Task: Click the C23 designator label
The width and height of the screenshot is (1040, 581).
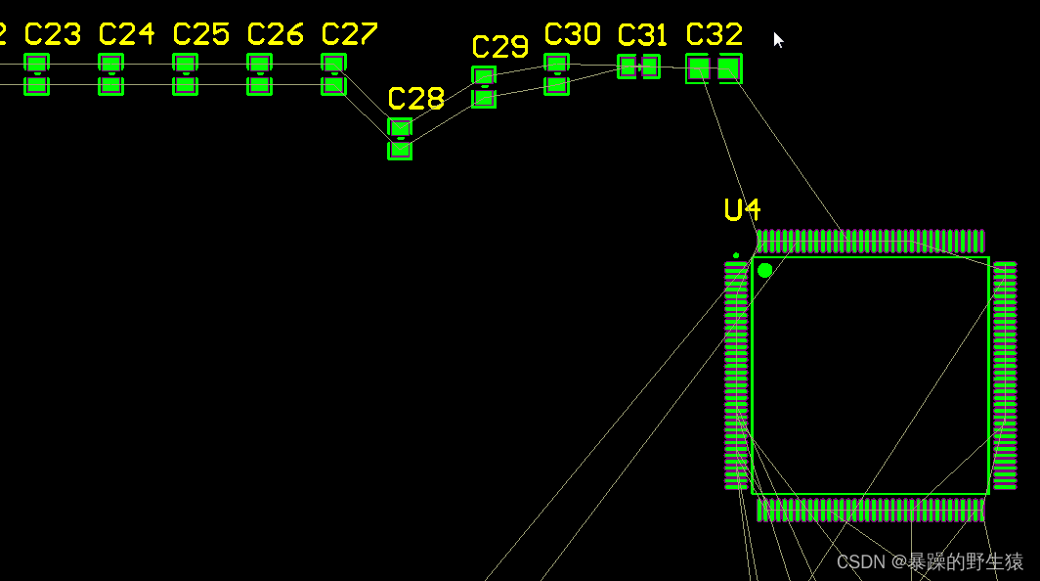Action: [52, 35]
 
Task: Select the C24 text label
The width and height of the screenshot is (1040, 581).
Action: [126, 35]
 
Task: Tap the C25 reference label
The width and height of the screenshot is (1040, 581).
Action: [200, 35]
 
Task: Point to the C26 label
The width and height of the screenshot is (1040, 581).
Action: [275, 35]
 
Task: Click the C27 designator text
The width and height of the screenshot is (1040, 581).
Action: [349, 35]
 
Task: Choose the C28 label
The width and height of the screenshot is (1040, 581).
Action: [416, 99]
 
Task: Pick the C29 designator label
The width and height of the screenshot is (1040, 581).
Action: [499, 47]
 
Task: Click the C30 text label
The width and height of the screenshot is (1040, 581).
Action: [572, 35]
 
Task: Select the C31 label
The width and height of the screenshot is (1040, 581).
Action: [642, 36]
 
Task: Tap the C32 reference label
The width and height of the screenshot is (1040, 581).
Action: [715, 35]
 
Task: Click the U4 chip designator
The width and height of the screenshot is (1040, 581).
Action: [742, 209]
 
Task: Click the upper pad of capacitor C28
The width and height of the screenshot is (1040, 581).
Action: [400, 127]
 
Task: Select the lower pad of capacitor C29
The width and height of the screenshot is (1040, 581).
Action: [484, 98]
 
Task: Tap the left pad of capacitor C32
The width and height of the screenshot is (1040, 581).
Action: [698, 68]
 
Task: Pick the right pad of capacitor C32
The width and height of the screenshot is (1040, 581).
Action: [729, 68]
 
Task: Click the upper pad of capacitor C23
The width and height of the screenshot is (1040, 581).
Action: [36, 64]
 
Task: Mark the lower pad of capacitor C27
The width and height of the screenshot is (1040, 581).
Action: [333, 85]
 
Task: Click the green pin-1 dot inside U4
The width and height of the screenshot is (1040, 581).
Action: [764, 270]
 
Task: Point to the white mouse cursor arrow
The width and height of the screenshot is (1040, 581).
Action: [778, 40]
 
